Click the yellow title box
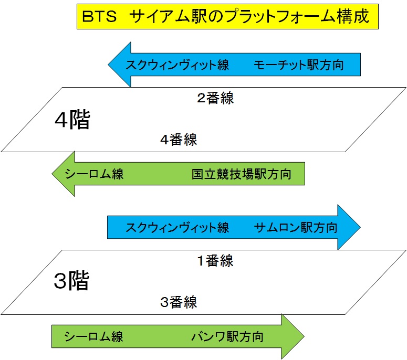227,17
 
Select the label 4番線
179,140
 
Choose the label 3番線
179,302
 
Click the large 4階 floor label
72,121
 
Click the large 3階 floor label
72,282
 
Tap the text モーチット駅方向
298,66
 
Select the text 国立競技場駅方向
241,174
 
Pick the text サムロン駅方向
296,228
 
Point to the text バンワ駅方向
227,336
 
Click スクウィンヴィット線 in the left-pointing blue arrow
177,66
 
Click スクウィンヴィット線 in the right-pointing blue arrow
177,228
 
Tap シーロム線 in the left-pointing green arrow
94,174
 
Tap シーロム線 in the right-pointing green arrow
94,336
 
